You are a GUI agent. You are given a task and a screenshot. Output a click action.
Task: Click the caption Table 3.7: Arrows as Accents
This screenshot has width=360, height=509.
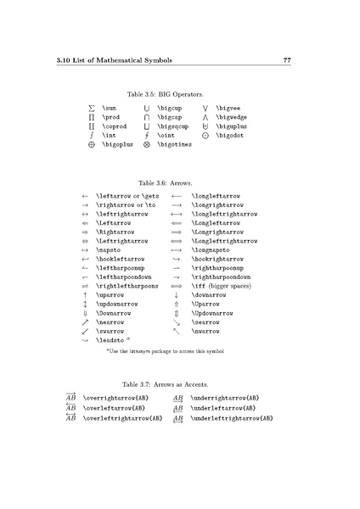click(171, 383)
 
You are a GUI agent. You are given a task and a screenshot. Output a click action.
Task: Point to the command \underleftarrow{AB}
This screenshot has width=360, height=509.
click(222, 407)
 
